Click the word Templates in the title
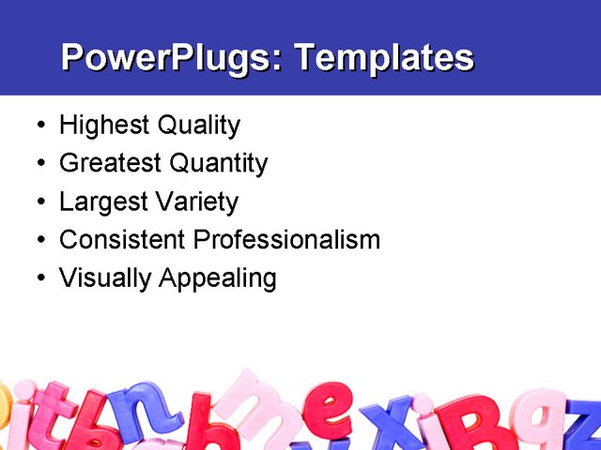[384, 58]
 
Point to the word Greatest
[110, 164]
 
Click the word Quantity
[218, 164]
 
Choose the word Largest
[102, 202]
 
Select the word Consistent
[122, 240]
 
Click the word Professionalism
[286, 240]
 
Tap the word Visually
[104, 278]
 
